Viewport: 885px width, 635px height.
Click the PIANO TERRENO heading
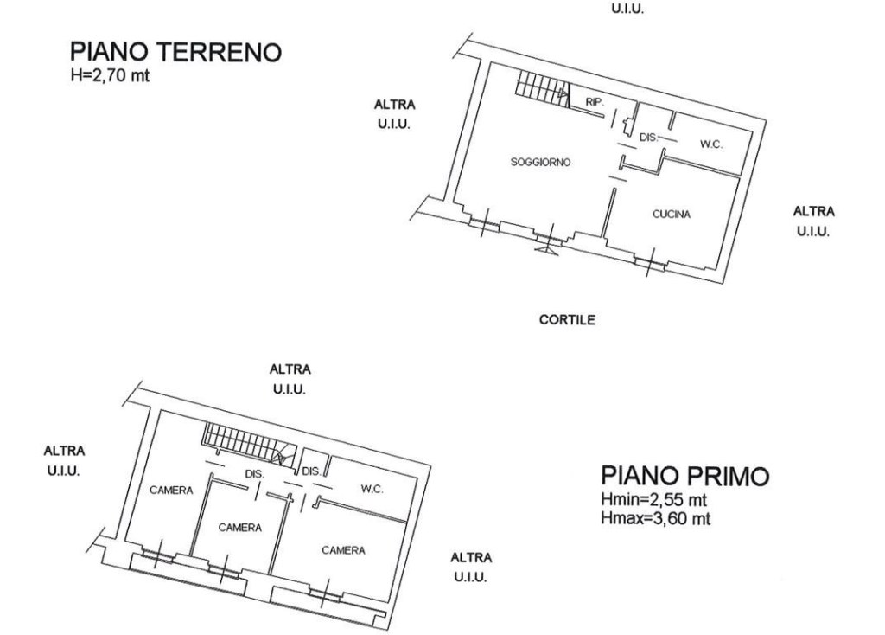click(176, 53)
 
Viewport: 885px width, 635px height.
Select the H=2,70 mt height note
click(111, 75)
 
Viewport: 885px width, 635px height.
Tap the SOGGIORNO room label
click(541, 162)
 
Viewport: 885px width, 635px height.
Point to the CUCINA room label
click(671, 215)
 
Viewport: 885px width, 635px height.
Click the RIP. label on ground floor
click(595, 102)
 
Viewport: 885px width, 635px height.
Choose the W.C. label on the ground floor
click(710, 144)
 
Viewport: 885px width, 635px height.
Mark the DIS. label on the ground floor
click(648, 137)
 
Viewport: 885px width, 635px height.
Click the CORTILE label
click(567, 319)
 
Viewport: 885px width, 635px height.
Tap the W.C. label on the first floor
click(372, 490)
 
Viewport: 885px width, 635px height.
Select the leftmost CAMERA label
click(171, 491)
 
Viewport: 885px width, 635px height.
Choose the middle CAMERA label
click(239, 526)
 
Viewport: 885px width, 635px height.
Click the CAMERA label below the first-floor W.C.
click(342, 550)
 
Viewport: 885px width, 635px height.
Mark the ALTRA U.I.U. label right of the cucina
click(813, 221)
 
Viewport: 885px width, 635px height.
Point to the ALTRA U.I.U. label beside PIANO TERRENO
click(394, 113)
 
